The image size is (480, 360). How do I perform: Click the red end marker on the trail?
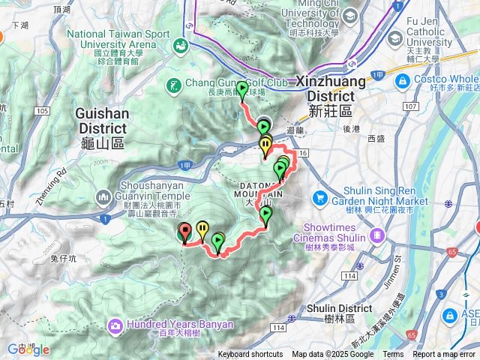184,232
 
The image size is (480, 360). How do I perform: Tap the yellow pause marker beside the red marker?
202,228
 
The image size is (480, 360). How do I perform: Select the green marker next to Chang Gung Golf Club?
241,91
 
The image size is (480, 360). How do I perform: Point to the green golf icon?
174,87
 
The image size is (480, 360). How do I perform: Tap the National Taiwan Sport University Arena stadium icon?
180,46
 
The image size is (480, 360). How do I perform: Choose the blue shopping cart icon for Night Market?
320,198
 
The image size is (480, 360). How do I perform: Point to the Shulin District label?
340,313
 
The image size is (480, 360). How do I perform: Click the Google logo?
28,349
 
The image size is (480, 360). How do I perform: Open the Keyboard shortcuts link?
250,355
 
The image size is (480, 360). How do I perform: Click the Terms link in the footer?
393,355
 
